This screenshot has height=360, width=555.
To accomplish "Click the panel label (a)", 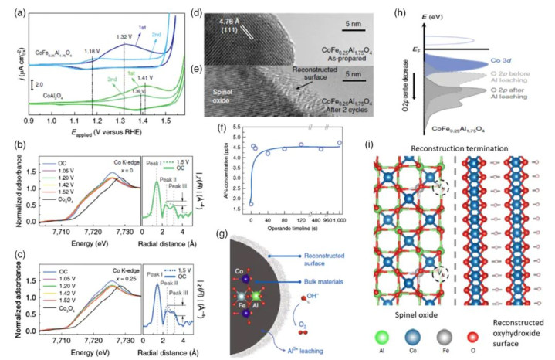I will tap(12, 10).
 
